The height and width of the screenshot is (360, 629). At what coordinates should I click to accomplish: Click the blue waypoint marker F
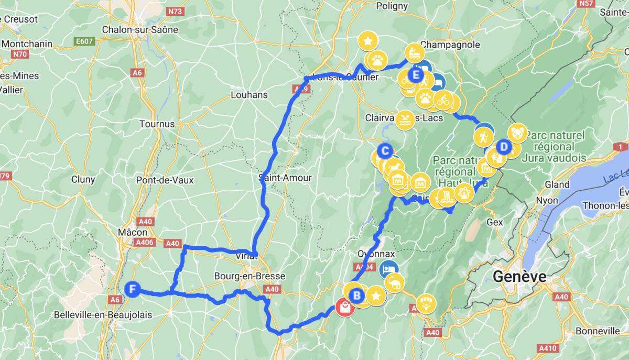pyautogui.click(x=133, y=288)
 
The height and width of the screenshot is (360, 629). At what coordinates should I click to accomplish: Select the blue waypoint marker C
pyautogui.click(x=385, y=151)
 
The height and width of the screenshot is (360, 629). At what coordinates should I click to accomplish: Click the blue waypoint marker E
pyautogui.click(x=416, y=75)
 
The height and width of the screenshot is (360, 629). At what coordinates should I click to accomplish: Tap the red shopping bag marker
pyautogui.click(x=345, y=307)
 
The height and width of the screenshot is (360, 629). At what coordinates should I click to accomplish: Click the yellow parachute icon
pyautogui.click(x=426, y=303)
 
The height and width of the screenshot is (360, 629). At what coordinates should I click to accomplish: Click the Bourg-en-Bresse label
pyautogui.click(x=250, y=276)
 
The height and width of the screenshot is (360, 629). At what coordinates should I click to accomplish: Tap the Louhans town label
pyautogui.click(x=249, y=95)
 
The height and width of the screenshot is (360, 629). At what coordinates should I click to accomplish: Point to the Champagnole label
pyautogui.click(x=450, y=45)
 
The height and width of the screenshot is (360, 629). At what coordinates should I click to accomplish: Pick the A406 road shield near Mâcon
pyautogui.click(x=144, y=242)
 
